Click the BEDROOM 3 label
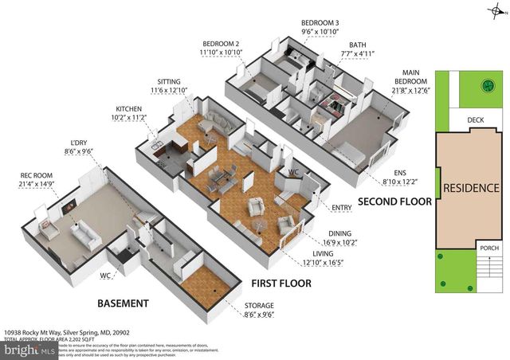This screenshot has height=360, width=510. coord(320,22)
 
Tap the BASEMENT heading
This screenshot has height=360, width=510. coord(123,303)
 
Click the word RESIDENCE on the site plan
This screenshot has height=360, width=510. coord(472,189)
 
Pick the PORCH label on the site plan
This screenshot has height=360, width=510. coord(489,248)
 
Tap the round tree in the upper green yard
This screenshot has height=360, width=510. coord(484,87)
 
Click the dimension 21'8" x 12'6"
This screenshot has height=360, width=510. coord(411,90)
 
